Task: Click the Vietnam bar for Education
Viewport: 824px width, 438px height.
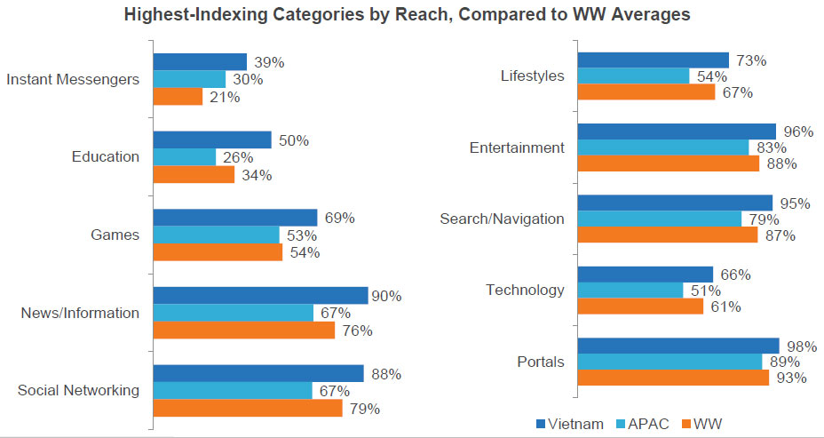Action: [212, 139]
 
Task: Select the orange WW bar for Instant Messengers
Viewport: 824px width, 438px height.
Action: [178, 97]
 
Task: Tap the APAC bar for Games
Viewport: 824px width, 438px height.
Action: [216, 235]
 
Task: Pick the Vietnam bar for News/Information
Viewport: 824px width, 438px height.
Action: [260, 295]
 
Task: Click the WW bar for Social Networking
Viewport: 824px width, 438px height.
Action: [248, 409]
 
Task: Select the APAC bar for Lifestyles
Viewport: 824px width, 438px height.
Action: [634, 76]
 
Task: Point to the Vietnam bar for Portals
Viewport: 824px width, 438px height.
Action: [678, 346]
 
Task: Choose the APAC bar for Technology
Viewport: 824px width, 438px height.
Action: [630, 291]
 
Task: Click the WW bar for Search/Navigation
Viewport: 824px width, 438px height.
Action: [668, 235]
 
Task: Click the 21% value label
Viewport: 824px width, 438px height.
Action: [225, 97]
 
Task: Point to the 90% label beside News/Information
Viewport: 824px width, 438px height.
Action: [386, 296]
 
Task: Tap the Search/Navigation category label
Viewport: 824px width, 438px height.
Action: [502, 219]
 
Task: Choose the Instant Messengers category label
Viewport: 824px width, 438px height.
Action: [73, 79]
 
